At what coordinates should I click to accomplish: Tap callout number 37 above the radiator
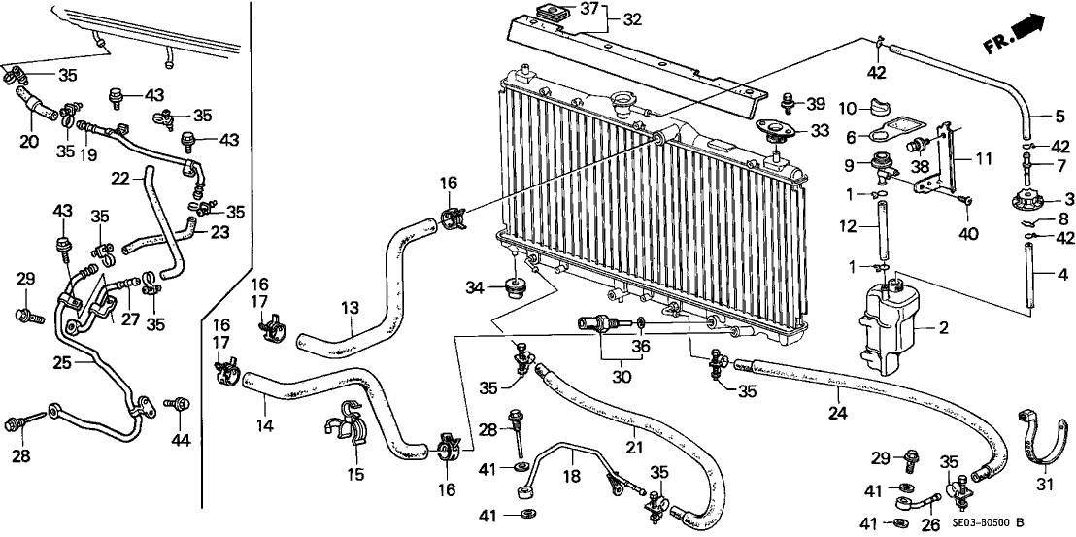pyautogui.click(x=590, y=9)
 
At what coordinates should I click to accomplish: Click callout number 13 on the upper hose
pyautogui.click(x=350, y=309)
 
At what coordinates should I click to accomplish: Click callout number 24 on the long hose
pyautogui.click(x=838, y=413)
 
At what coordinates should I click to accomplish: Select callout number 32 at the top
pyautogui.click(x=633, y=18)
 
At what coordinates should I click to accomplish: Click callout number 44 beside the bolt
pyautogui.click(x=180, y=440)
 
